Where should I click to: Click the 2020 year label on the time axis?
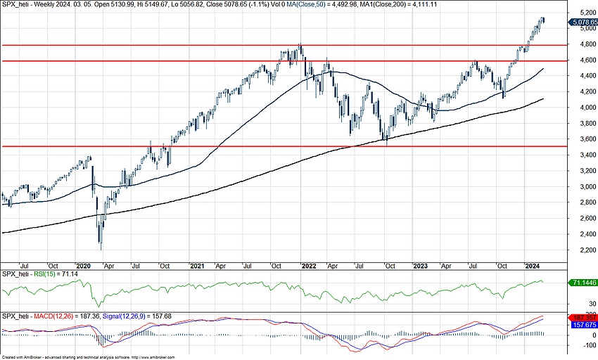click(x=83, y=266)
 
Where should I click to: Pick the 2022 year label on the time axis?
click(x=308, y=266)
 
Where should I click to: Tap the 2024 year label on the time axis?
click(x=532, y=266)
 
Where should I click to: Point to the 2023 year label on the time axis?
click(x=421, y=266)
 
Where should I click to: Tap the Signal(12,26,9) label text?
click(x=127, y=316)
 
